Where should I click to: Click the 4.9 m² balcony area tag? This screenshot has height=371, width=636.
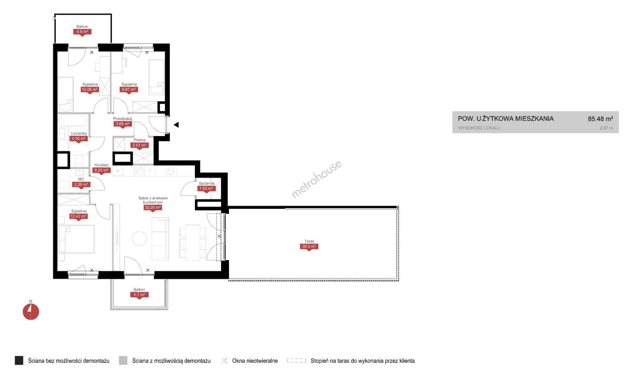(x=82, y=32)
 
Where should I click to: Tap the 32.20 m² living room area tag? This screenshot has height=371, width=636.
(x=153, y=207)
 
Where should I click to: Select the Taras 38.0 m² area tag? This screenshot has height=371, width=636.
(x=309, y=247)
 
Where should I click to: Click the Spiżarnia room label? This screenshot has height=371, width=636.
(x=206, y=183)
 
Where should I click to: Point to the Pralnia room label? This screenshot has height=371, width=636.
(x=140, y=140)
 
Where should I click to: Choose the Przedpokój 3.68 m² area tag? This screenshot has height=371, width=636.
(x=123, y=124)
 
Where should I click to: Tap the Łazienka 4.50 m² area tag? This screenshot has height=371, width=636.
(x=79, y=139)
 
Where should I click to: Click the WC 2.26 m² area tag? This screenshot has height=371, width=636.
(x=81, y=185)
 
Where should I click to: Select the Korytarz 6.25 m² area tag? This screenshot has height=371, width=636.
(x=101, y=170)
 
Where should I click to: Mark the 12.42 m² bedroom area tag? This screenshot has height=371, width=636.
(x=78, y=216)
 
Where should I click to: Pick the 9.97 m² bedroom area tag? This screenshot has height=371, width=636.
(x=129, y=90)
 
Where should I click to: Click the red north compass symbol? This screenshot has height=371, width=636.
(x=31, y=312)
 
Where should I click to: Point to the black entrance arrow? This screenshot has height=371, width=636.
(x=176, y=125)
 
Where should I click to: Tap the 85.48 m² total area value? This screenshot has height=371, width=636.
(x=600, y=119)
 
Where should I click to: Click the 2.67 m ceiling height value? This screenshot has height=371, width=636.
(x=606, y=128)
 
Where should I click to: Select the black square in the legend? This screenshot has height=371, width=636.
(x=19, y=360)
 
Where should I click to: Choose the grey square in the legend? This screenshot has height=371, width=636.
(x=123, y=360)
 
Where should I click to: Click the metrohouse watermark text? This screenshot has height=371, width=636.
(x=316, y=179)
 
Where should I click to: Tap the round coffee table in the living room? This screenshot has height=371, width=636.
(x=139, y=238)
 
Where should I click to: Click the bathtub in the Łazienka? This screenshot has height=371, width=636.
(x=73, y=121)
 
